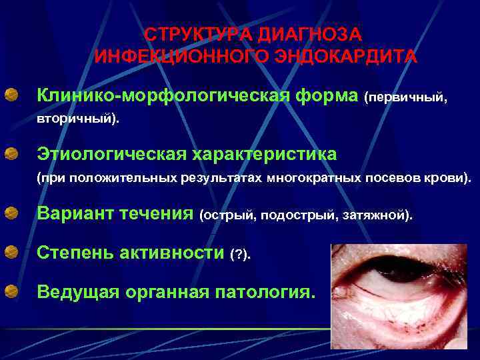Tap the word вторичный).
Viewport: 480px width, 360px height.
click(x=77, y=121)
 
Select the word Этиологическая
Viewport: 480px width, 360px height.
click(x=112, y=155)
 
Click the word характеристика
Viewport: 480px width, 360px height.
click(x=265, y=155)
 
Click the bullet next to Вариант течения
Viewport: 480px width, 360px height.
click(x=12, y=214)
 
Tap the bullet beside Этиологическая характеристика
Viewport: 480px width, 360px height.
click(x=12, y=154)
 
